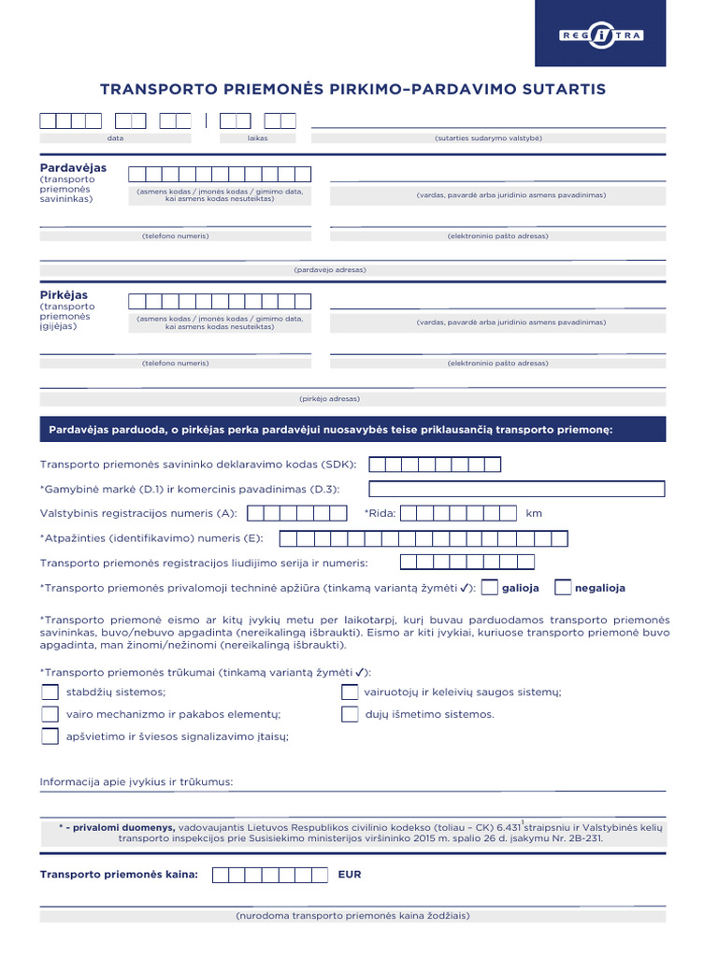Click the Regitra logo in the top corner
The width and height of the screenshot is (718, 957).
pyautogui.click(x=600, y=36)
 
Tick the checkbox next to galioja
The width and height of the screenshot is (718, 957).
pyautogui.click(x=489, y=588)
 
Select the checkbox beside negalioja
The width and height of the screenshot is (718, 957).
pyautogui.click(x=563, y=588)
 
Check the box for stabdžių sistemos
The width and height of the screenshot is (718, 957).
pyautogui.click(x=50, y=693)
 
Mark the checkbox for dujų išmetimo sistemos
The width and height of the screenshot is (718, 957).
pyautogui.click(x=350, y=714)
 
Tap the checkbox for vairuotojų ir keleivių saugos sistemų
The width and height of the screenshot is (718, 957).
pyautogui.click(x=350, y=693)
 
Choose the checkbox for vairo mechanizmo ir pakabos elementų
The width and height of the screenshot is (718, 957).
pyautogui.click(x=50, y=714)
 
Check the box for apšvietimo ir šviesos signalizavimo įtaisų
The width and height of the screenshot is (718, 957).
pyautogui.click(x=50, y=736)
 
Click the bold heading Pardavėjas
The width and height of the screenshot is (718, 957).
pyautogui.click(x=73, y=168)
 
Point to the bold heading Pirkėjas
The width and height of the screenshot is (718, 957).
pyautogui.click(x=64, y=295)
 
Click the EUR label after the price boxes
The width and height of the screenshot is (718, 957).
pyautogui.click(x=350, y=876)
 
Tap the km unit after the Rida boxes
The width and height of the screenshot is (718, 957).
pyautogui.click(x=534, y=513)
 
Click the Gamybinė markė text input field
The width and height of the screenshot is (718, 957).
pyautogui.click(x=517, y=489)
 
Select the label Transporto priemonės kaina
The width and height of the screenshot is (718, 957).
pyautogui.click(x=119, y=876)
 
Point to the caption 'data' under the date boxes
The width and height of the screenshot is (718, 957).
pyautogui.click(x=115, y=137)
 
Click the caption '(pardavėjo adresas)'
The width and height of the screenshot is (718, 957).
pyautogui.click(x=330, y=270)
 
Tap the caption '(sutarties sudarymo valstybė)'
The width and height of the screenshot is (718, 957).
pyautogui.click(x=488, y=137)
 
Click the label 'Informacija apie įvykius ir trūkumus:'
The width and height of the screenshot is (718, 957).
pyautogui.click(x=136, y=781)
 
